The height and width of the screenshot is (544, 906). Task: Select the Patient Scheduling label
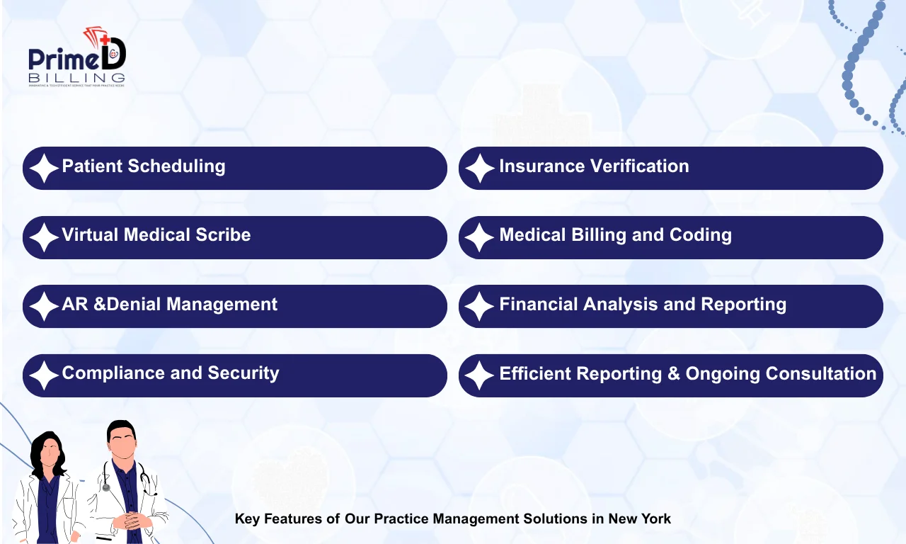click(144, 166)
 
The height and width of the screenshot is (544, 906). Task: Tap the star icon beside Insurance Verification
click(479, 169)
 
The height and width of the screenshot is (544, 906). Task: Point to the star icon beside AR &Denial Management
click(43, 307)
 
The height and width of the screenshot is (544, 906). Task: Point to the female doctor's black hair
click(47, 453)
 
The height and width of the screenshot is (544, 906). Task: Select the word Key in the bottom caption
click(247, 518)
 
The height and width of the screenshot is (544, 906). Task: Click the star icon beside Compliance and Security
click(43, 375)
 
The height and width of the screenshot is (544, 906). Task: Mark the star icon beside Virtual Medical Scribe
click(43, 237)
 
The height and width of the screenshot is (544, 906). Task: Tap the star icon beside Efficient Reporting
click(479, 375)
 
